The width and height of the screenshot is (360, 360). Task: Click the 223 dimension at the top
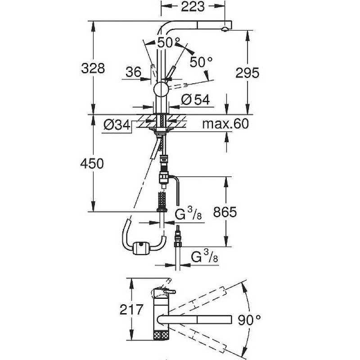pyautogui.click(x=193, y=6)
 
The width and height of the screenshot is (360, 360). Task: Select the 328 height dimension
pyautogui.click(x=93, y=68)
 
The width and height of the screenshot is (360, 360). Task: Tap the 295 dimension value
pyautogui.click(x=247, y=73)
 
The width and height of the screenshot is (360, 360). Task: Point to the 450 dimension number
pyautogui.click(x=92, y=164)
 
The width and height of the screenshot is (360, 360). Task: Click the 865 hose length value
pyautogui.click(x=225, y=212)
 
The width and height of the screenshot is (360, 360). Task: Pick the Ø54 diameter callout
pyautogui.click(x=196, y=99)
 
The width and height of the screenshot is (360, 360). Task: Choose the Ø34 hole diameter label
pyautogui.click(x=117, y=125)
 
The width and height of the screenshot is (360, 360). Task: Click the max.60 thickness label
pyautogui.click(x=225, y=124)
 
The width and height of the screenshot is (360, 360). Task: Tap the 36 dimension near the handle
pyautogui.click(x=133, y=72)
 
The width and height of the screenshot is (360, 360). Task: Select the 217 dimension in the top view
pyautogui.click(x=131, y=310)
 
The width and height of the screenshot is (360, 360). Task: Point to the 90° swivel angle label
pyautogui.click(x=249, y=320)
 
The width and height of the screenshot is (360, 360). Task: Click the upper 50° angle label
pyautogui.click(x=169, y=42)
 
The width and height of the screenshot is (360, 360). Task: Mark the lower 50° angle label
pyautogui.click(x=201, y=62)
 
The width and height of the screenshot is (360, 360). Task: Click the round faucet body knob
pyautogui.click(x=161, y=89)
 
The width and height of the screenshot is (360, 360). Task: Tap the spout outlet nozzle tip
pyautogui.click(x=225, y=29)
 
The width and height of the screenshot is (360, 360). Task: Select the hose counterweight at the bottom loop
pyautogui.click(x=141, y=248)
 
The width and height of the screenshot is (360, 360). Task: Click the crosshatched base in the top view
pyautogui.click(x=161, y=335)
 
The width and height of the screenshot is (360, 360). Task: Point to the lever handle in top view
pyautogui.click(x=170, y=292)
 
